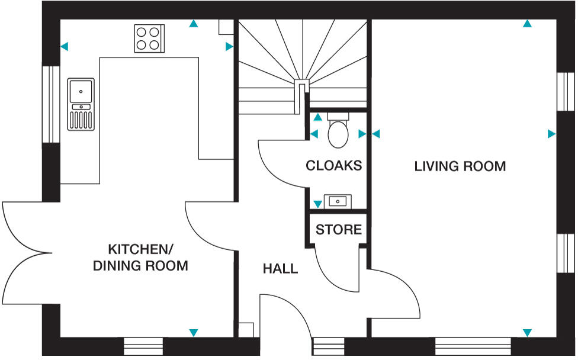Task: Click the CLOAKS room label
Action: (x=333, y=166)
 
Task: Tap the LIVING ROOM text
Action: (x=460, y=166)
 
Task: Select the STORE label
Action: (x=338, y=230)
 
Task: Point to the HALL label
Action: (x=280, y=269)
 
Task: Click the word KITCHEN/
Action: (x=140, y=249)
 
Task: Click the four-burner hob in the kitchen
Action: (x=149, y=38)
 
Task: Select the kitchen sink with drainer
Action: (x=81, y=104)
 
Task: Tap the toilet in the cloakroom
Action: (x=338, y=130)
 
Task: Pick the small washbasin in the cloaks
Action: (x=338, y=201)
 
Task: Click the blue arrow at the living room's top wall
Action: (x=527, y=24)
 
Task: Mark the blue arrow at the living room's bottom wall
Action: (x=527, y=333)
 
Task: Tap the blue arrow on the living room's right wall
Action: (x=551, y=134)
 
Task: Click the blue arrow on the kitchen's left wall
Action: (x=64, y=46)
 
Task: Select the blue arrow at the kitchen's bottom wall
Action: (x=194, y=333)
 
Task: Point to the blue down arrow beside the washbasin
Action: (x=317, y=204)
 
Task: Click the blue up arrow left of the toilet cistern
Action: (x=318, y=117)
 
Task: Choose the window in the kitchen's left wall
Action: (x=52, y=104)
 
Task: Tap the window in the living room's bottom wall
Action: (x=473, y=346)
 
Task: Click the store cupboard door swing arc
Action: (x=331, y=279)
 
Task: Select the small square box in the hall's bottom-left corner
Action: (x=246, y=330)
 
